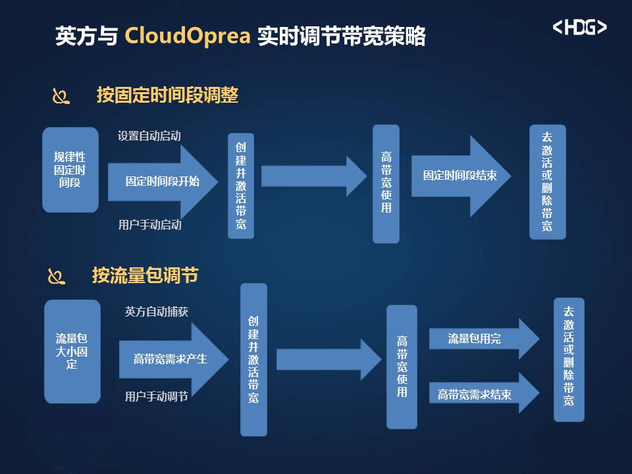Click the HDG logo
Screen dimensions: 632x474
[x=579, y=28]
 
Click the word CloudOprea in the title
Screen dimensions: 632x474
[x=188, y=35]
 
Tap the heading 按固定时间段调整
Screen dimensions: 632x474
[x=167, y=95]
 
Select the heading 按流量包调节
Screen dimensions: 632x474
[x=145, y=275]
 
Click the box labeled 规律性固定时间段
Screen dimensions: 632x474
[x=70, y=170]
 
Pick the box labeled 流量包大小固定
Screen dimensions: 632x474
[x=72, y=351]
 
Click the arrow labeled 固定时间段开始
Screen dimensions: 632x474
[x=163, y=182]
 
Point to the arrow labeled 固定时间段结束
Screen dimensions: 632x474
[x=461, y=176]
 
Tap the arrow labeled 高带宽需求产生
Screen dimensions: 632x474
[x=174, y=359]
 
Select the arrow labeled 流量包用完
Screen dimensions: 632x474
[x=484, y=338]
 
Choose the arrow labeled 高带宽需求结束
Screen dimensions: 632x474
[x=484, y=393]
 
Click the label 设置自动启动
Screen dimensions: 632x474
[x=149, y=136]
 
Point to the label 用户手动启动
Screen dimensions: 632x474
[x=149, y=224]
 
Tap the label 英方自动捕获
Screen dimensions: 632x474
[x=157, y=311]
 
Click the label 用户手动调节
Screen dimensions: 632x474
[x=157, y=396]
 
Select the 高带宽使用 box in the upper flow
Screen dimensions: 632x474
[x=386, y=184]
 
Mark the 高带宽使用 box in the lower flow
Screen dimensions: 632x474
[x=402, y=367]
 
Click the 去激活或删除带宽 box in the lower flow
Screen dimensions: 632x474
[x=569, y=359]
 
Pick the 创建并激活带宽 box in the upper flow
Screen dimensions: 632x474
[x=241, y=186]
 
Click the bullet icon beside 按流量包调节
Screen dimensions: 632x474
[x=57, y=276]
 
